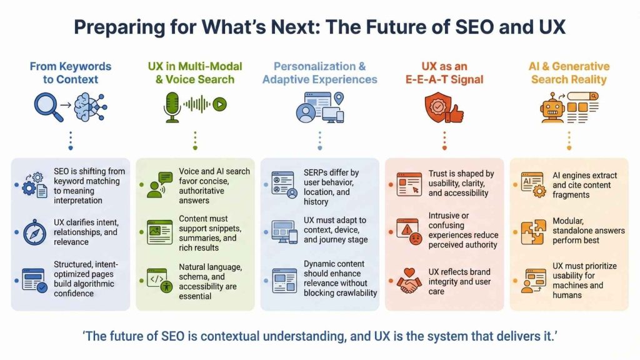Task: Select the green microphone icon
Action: tap(171, 106)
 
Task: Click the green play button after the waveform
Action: tap(219, 104)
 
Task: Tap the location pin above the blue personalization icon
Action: tap(339, 98)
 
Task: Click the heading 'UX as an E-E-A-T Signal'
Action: tap(444, 72)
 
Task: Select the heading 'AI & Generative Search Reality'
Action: tap(569, 72)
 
